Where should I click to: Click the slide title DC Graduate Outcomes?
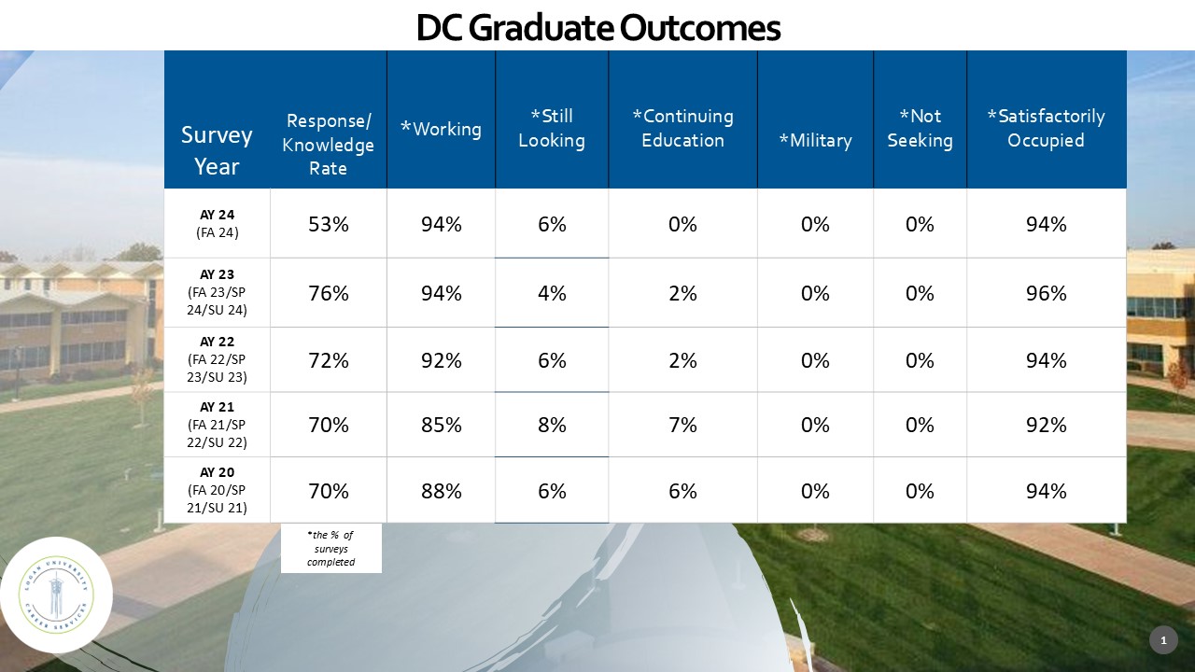tap(597, 28)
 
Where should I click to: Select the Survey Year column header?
tap(217, 150)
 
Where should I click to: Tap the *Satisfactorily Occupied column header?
tap(1046, 129)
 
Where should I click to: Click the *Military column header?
tap(815, 140)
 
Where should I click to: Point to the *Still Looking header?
tap(552, 129)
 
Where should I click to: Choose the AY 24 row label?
tap(217, 224)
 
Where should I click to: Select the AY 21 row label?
tap(217, 425)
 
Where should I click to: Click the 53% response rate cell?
tap(329, 224)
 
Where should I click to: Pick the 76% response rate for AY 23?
tap(329, 293)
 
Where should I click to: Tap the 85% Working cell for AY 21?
tap(441, 425)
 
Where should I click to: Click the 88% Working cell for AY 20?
tap(441, 491)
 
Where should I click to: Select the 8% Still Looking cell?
tap(552, 425)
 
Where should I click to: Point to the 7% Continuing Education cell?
tap(682, 425)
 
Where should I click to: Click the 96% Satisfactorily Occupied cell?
tap(1046, 293)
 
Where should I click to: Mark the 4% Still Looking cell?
tap(552, 293)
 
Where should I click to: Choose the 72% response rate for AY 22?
tap(329, 360)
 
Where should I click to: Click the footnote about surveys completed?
tap(331, 549)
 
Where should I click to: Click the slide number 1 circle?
tap(1163, 640)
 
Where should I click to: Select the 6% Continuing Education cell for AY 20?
tap(682, 491)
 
